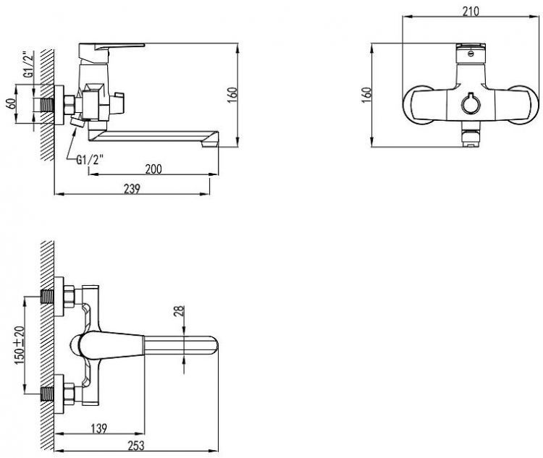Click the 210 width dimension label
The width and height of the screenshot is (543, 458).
[471, 12]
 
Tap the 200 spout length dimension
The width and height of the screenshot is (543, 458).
[153, 169]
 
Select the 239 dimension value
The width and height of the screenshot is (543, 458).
[132, 189]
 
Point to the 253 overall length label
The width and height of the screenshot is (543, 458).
[136, 446]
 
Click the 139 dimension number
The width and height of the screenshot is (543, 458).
[99, 428]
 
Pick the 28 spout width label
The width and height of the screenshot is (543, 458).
[179, 312]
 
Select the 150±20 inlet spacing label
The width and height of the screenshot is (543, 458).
[20, 345]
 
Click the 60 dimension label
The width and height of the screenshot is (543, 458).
[11, 104]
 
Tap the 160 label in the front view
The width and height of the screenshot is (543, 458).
[366, 95]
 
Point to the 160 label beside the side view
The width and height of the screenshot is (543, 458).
[232, 95]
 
